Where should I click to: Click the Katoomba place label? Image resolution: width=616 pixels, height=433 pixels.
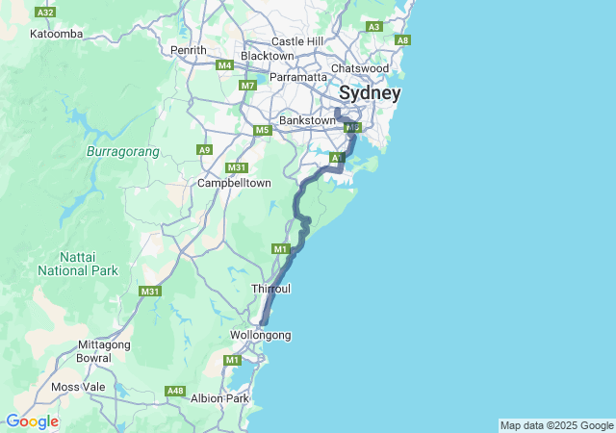click(57, 34)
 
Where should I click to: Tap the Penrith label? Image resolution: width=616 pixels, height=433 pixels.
click(188, 50)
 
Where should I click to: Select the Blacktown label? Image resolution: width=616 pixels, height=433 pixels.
click(267, 56)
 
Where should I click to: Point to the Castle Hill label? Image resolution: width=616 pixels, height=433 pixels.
click(298, 41)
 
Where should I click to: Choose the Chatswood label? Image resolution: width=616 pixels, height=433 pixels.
click(359, 68)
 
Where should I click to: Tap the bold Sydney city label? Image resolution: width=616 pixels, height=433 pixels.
click(370, 93)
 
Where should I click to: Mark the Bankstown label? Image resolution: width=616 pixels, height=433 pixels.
click(306, 120)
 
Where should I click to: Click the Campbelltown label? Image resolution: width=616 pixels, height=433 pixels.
click(234, 183)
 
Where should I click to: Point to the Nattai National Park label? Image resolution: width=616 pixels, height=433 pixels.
click(77, 265)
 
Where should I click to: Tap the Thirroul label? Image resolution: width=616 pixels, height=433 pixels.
click(270, 289)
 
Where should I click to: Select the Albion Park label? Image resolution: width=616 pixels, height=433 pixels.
click(220, 398)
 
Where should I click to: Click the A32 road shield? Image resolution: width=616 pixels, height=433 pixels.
click(45, 13)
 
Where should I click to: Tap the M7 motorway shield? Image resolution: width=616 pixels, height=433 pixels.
click(248, 86)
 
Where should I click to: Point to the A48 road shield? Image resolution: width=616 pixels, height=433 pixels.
click(174, 391)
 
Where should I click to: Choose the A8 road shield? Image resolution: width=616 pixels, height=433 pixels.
click(403, 39)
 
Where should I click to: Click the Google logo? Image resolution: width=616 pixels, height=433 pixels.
click(32, 421)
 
